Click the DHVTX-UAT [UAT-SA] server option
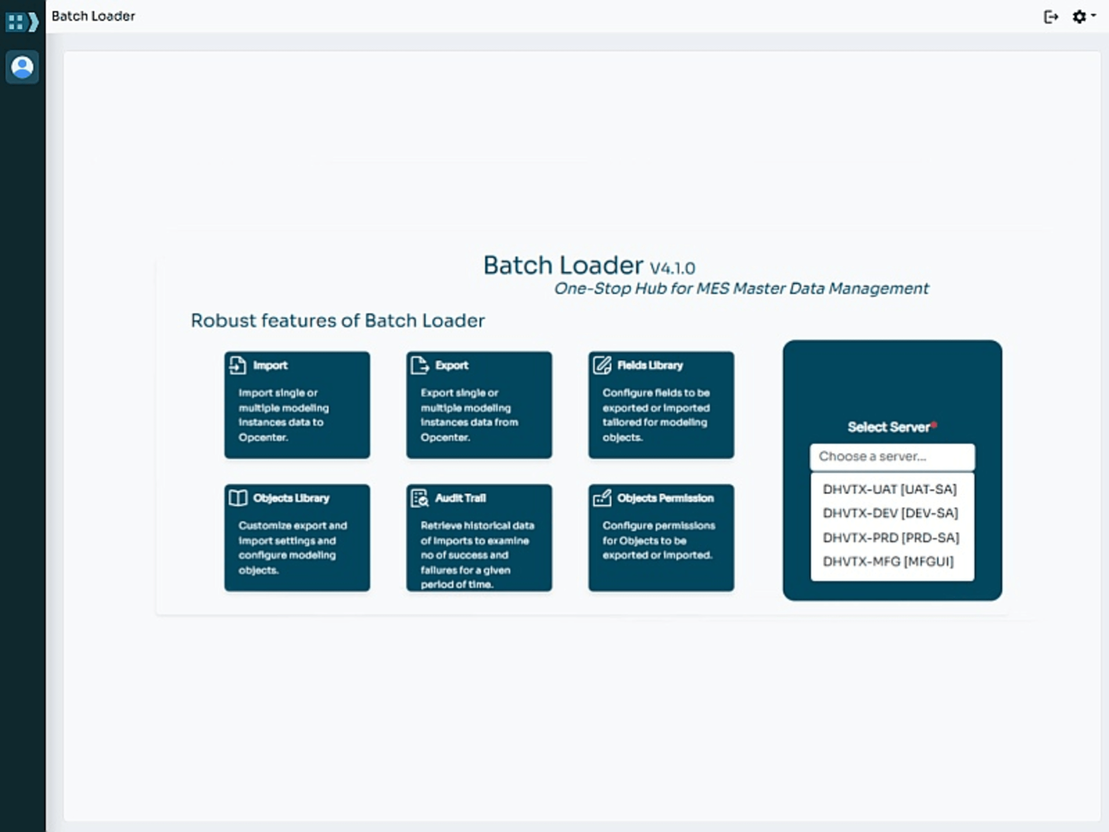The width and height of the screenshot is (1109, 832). (x=889, y=489)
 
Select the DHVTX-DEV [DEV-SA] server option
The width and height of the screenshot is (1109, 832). (x=890, y=513)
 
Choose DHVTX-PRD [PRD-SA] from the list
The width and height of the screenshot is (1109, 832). (x=890, y=538)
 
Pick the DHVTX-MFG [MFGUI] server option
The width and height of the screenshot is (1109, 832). (x=888, y=561)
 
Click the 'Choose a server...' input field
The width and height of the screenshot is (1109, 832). (x=892, y=456)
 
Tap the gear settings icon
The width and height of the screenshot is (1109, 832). (x=1079, y=17)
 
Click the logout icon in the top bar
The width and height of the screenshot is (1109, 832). (x=1051, y=17)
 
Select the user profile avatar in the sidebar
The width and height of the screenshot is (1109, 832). (x=22, y=67)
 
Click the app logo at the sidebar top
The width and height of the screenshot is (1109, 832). (x=22, y=22)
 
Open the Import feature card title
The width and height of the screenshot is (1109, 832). (x=270, y=365)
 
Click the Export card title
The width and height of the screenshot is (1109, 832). (x=451, y=365)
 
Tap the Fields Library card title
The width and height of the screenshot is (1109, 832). (x=650, y=365)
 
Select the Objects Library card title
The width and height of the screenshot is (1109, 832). (x=291, y=498)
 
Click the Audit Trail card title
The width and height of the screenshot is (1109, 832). (x=460, y=498)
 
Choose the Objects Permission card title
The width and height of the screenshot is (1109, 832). (x=665, y=498)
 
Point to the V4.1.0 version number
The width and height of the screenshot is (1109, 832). (x=672, y=268)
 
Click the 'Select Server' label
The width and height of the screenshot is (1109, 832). (x=888, y=427)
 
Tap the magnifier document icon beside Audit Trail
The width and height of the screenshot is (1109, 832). (x=420, y=498)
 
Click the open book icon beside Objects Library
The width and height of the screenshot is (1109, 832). (x=238, y=498)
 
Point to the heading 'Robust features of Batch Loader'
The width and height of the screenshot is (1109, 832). (x=337, y=321)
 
